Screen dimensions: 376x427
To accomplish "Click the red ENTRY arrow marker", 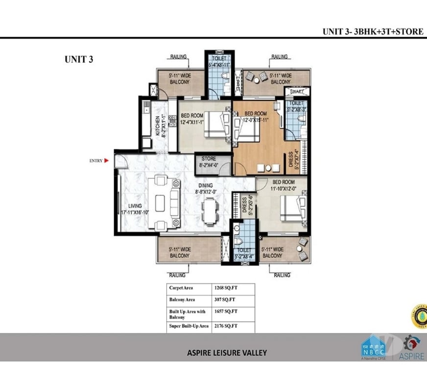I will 111,160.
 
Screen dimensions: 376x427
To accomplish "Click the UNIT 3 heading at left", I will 79,59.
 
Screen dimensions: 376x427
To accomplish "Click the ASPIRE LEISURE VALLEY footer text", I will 227,352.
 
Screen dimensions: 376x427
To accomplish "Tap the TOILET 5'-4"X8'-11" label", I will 219,61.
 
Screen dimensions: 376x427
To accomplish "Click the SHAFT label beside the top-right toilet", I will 297,92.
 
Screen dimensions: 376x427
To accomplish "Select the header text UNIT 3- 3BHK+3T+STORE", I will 373,31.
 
